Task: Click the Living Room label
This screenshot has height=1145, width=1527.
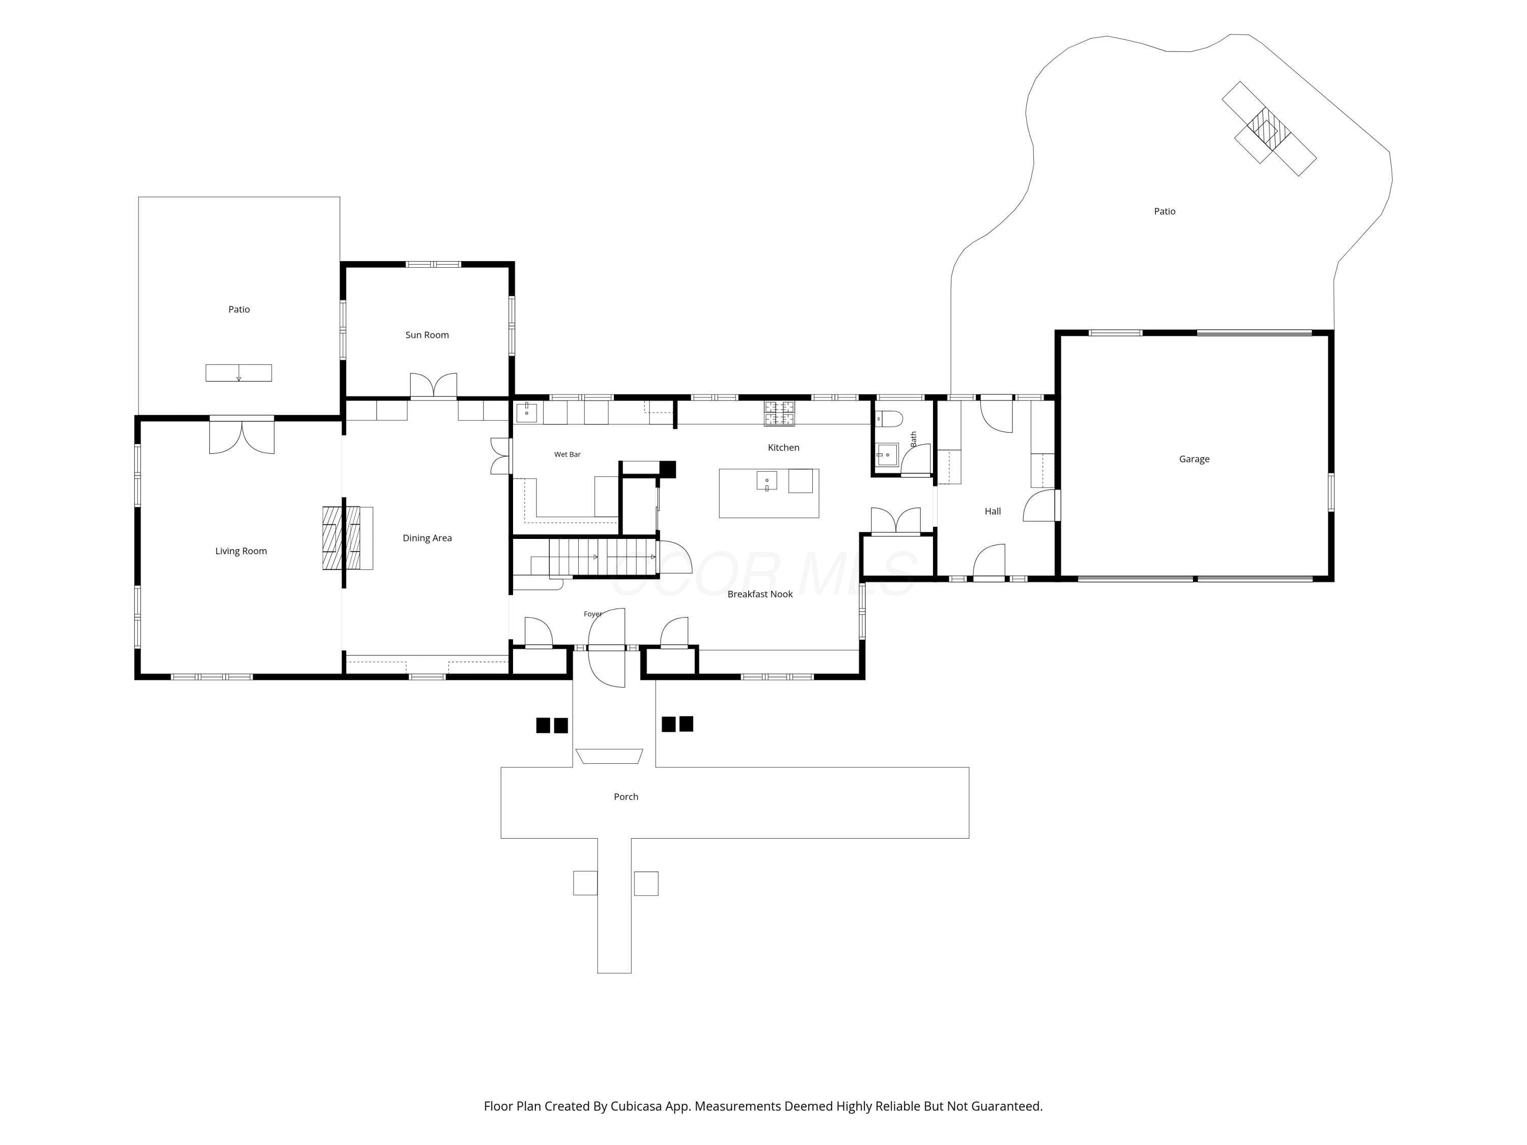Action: (x=241, y=551)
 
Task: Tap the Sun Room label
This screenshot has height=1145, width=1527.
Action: (x=427, y=335)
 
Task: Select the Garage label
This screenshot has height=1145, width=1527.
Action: (x=1194, y=459)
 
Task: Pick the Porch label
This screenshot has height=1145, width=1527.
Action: (x=626, y=796)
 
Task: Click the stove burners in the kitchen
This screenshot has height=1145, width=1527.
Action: (x=779, y=413)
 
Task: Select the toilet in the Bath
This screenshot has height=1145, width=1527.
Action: (x=888, y=419)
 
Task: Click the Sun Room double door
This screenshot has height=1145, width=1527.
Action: (x=434, y=385)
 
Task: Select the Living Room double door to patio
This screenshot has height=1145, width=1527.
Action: (x=242, y=437)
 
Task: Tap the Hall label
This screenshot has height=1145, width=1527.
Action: (x=992, y=511)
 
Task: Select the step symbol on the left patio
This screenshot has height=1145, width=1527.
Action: (x=239, y=373)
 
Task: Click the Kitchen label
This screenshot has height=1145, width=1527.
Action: (x=783, y=447)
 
